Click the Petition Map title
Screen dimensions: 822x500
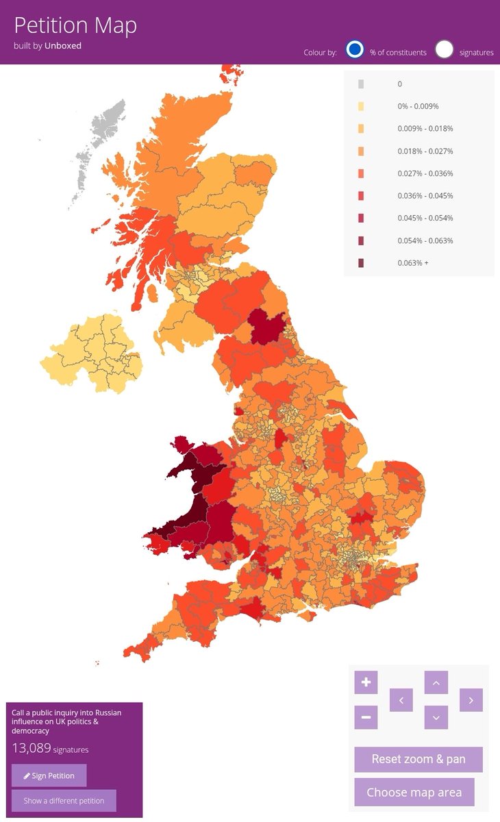(x=75, y=25)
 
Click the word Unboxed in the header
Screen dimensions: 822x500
(x=63, y=46)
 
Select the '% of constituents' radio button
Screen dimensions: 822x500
(x=354, y=50)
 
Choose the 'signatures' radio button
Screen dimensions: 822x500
(x=445, y=50)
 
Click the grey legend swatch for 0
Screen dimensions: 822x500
(x=361, y=84)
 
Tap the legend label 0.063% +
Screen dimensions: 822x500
(x=413, y=263)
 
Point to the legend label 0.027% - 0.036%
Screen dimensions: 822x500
(x=425, y=173)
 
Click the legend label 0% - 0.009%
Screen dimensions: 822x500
(x=418, y=106)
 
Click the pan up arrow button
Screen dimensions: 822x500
(x=436, y=682)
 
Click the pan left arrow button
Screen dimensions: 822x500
(x=401, y=700)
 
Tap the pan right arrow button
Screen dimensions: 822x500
(x=471, y=700)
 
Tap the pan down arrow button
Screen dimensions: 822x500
(x=436, y=717)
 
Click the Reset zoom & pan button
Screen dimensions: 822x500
(x=418, y=759)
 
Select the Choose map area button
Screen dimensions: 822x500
(x=414, y=792)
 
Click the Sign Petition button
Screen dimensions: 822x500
(x=49, y=775)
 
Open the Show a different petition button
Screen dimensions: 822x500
(x=64, y=800)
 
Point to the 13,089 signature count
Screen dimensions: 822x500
(x=32, y=748)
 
